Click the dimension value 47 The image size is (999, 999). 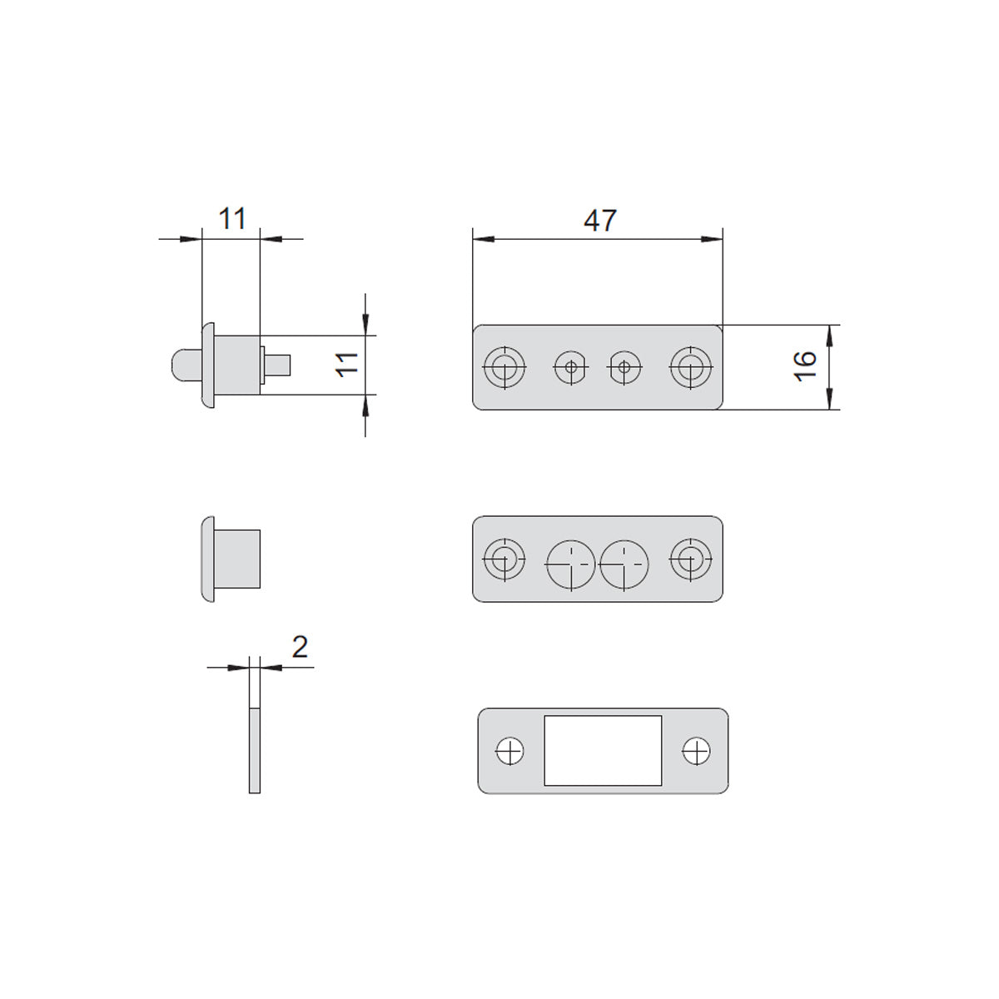599,221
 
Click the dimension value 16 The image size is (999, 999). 805,366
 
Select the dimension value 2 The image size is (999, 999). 300,647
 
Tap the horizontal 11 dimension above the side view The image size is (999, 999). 231,219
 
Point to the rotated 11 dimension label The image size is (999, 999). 347,365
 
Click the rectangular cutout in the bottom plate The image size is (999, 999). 603,750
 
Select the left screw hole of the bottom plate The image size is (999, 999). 509,750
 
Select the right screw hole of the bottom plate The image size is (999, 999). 696,750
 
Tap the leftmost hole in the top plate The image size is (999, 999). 504,367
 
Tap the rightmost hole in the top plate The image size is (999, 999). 690,367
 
